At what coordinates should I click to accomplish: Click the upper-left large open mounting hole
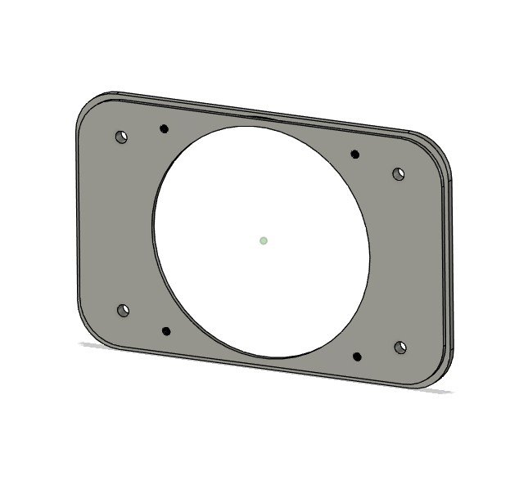pos(121,137)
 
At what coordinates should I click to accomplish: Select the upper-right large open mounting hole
pos(399,173)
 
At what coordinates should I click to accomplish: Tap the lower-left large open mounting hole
pos(123,311)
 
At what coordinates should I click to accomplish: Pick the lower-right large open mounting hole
pos(400,348)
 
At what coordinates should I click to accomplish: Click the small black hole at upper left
pos(164,128)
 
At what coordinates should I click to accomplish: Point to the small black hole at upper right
pos(355,154)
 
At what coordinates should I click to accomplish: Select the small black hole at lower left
pos(166,331)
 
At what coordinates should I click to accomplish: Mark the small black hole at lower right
pos(358,356)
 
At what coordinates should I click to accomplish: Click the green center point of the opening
pos(263,240)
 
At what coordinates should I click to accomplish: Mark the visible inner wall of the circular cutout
pos(156,245)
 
